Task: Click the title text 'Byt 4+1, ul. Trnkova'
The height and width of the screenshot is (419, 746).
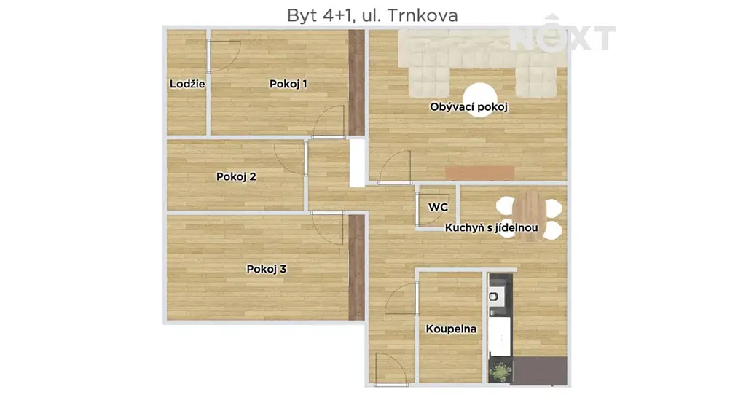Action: (x=372, y=16)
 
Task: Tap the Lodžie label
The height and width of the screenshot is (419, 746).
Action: (x=187, y=84)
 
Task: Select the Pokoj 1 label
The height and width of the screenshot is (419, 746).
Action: (x=288, y=84)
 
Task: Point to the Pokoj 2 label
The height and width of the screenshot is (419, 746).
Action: (x=236, y=176)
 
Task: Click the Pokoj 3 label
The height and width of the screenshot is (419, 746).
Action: (x=267, y=269)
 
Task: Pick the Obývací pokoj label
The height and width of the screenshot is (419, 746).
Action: (x=468, y=107)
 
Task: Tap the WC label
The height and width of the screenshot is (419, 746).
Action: (x=438, y=207)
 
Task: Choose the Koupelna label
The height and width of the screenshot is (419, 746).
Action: (x=451, y=329)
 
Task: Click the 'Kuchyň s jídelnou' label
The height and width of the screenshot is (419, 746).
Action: (x=492, y=227)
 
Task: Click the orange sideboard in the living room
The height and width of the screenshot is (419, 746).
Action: (x=479, y=173)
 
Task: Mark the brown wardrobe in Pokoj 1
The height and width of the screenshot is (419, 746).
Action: (x=356, y=82)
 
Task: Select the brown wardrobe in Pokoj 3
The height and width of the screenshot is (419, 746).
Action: (x=356, y=267)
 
